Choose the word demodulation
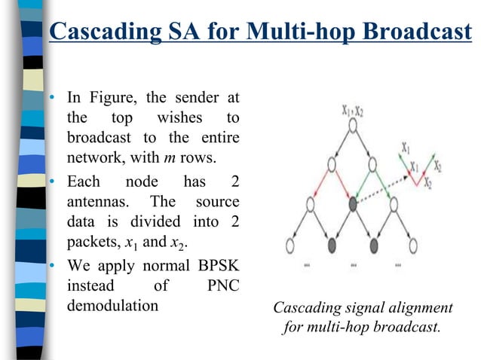point(113,307)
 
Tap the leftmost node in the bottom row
point(292,245)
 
